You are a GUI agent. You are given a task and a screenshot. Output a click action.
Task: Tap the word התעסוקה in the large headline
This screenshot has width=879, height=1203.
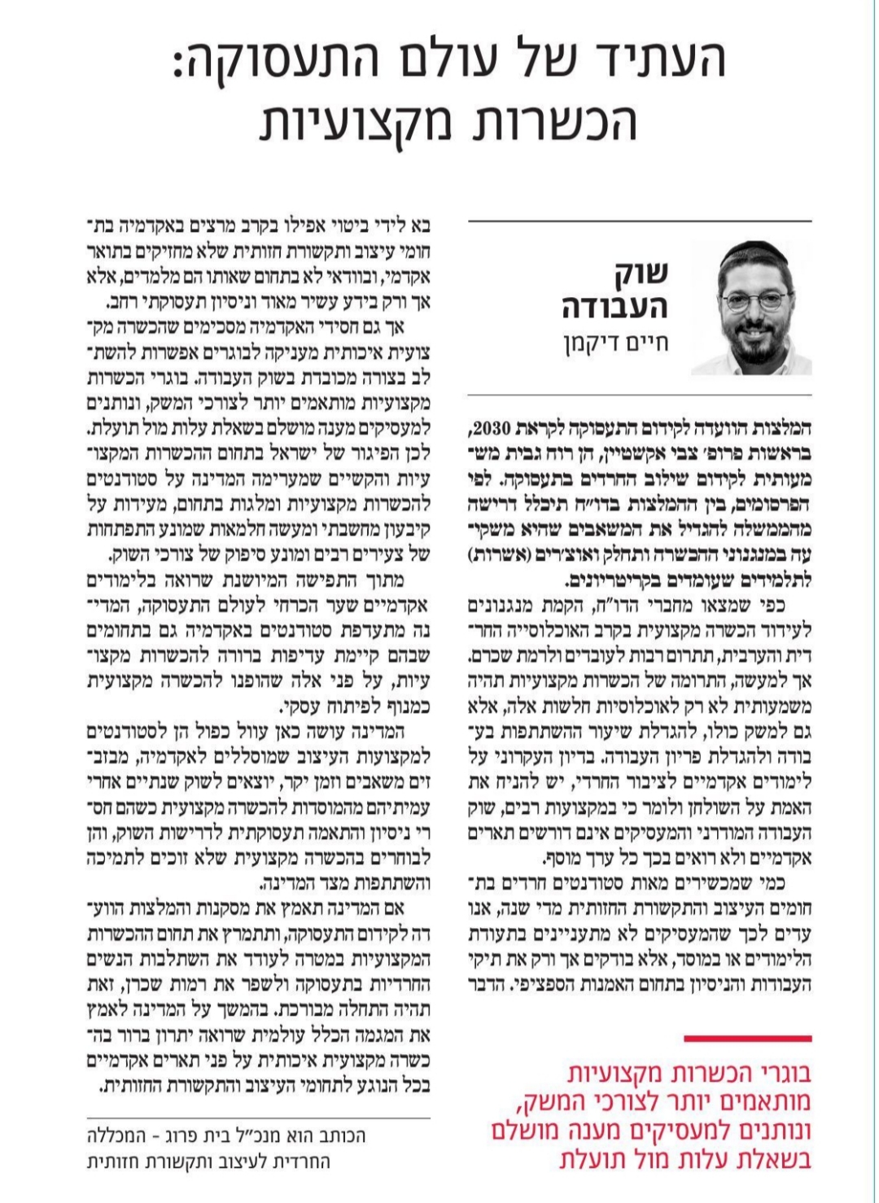point(284,60)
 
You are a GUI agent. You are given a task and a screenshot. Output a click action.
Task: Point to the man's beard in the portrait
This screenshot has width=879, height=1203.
point(752,334)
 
